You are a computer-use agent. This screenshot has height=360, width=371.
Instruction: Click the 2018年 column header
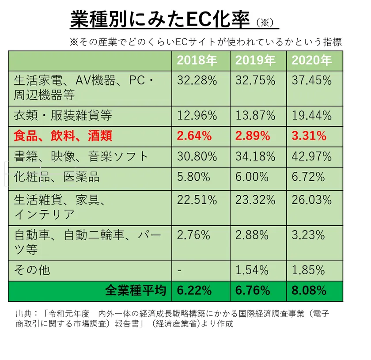(x=197, y=61)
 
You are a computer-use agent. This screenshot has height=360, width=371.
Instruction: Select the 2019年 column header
(x=255, y=61)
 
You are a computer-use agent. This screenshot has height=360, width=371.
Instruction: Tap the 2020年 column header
(x=311, y=61)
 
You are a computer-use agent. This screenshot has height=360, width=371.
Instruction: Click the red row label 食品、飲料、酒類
(x=63, y=136)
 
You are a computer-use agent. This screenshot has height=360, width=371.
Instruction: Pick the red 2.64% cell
(x=194, y=136)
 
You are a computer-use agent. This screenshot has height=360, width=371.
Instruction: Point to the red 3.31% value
(x=309, y=136)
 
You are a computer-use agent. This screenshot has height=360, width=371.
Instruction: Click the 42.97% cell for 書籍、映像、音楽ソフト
(x=311, y=156)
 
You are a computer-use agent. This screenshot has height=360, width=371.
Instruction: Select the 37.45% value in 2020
(x=311, y=80)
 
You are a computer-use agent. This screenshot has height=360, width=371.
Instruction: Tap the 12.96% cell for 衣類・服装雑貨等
(x=197, y=116)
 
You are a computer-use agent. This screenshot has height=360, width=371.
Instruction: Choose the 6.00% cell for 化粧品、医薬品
(x=252, y=177)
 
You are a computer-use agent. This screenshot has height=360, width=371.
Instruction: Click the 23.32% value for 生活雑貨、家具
(x=255, y=200)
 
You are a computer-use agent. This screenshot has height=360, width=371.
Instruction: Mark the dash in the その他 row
(x=179, y=270)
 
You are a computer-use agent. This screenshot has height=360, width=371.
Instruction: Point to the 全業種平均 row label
(x=136, y=290)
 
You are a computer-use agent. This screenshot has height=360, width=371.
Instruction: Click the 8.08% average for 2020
(x=309, y=290)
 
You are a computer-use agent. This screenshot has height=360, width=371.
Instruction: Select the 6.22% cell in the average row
(x=194, y=290)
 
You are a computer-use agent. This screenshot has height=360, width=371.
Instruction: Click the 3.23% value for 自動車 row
(x=309, y=235)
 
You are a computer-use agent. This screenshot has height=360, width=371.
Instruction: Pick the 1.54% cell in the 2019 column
(x=252, y=269)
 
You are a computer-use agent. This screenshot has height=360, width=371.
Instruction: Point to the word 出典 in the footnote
(x=23, y=314)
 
